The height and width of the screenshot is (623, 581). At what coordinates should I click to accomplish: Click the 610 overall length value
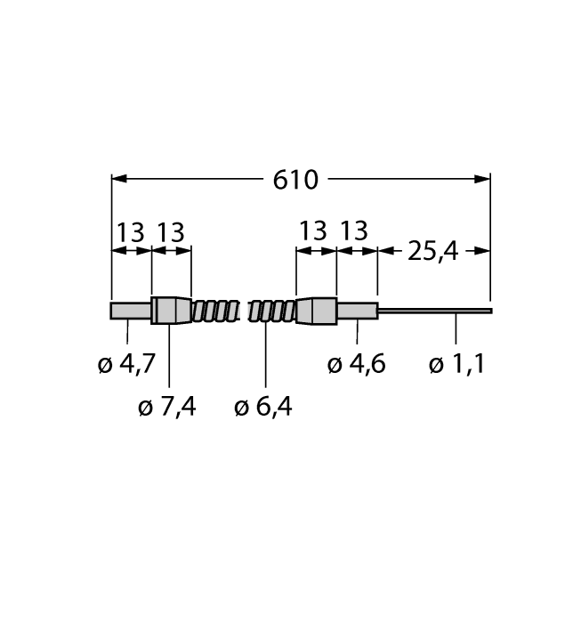point(295,180)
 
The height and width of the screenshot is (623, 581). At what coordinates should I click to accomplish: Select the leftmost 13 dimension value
point(130,233)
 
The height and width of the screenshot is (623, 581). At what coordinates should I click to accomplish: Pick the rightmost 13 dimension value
point(354,232)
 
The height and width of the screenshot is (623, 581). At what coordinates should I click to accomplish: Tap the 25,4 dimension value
point(432,252)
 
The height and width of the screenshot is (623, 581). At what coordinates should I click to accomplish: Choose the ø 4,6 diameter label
point(356,365)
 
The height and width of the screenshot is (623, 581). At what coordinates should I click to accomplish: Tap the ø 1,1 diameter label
point(456,365)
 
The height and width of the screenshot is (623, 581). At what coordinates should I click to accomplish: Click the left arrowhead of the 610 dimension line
point(117,179)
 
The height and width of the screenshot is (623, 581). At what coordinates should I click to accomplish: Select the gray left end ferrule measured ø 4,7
point(130,311)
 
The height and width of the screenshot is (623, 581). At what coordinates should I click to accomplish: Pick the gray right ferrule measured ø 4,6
point(358,311)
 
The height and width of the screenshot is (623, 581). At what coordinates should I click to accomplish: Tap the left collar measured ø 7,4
point(171,310)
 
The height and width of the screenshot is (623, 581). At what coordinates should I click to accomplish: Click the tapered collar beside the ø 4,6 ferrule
point(316,311)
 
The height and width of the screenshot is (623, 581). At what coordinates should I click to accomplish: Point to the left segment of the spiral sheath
point(215,311)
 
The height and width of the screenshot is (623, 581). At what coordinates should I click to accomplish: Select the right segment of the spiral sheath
point(272,311)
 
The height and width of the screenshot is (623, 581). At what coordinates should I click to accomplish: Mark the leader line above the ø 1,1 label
point(456,329)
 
